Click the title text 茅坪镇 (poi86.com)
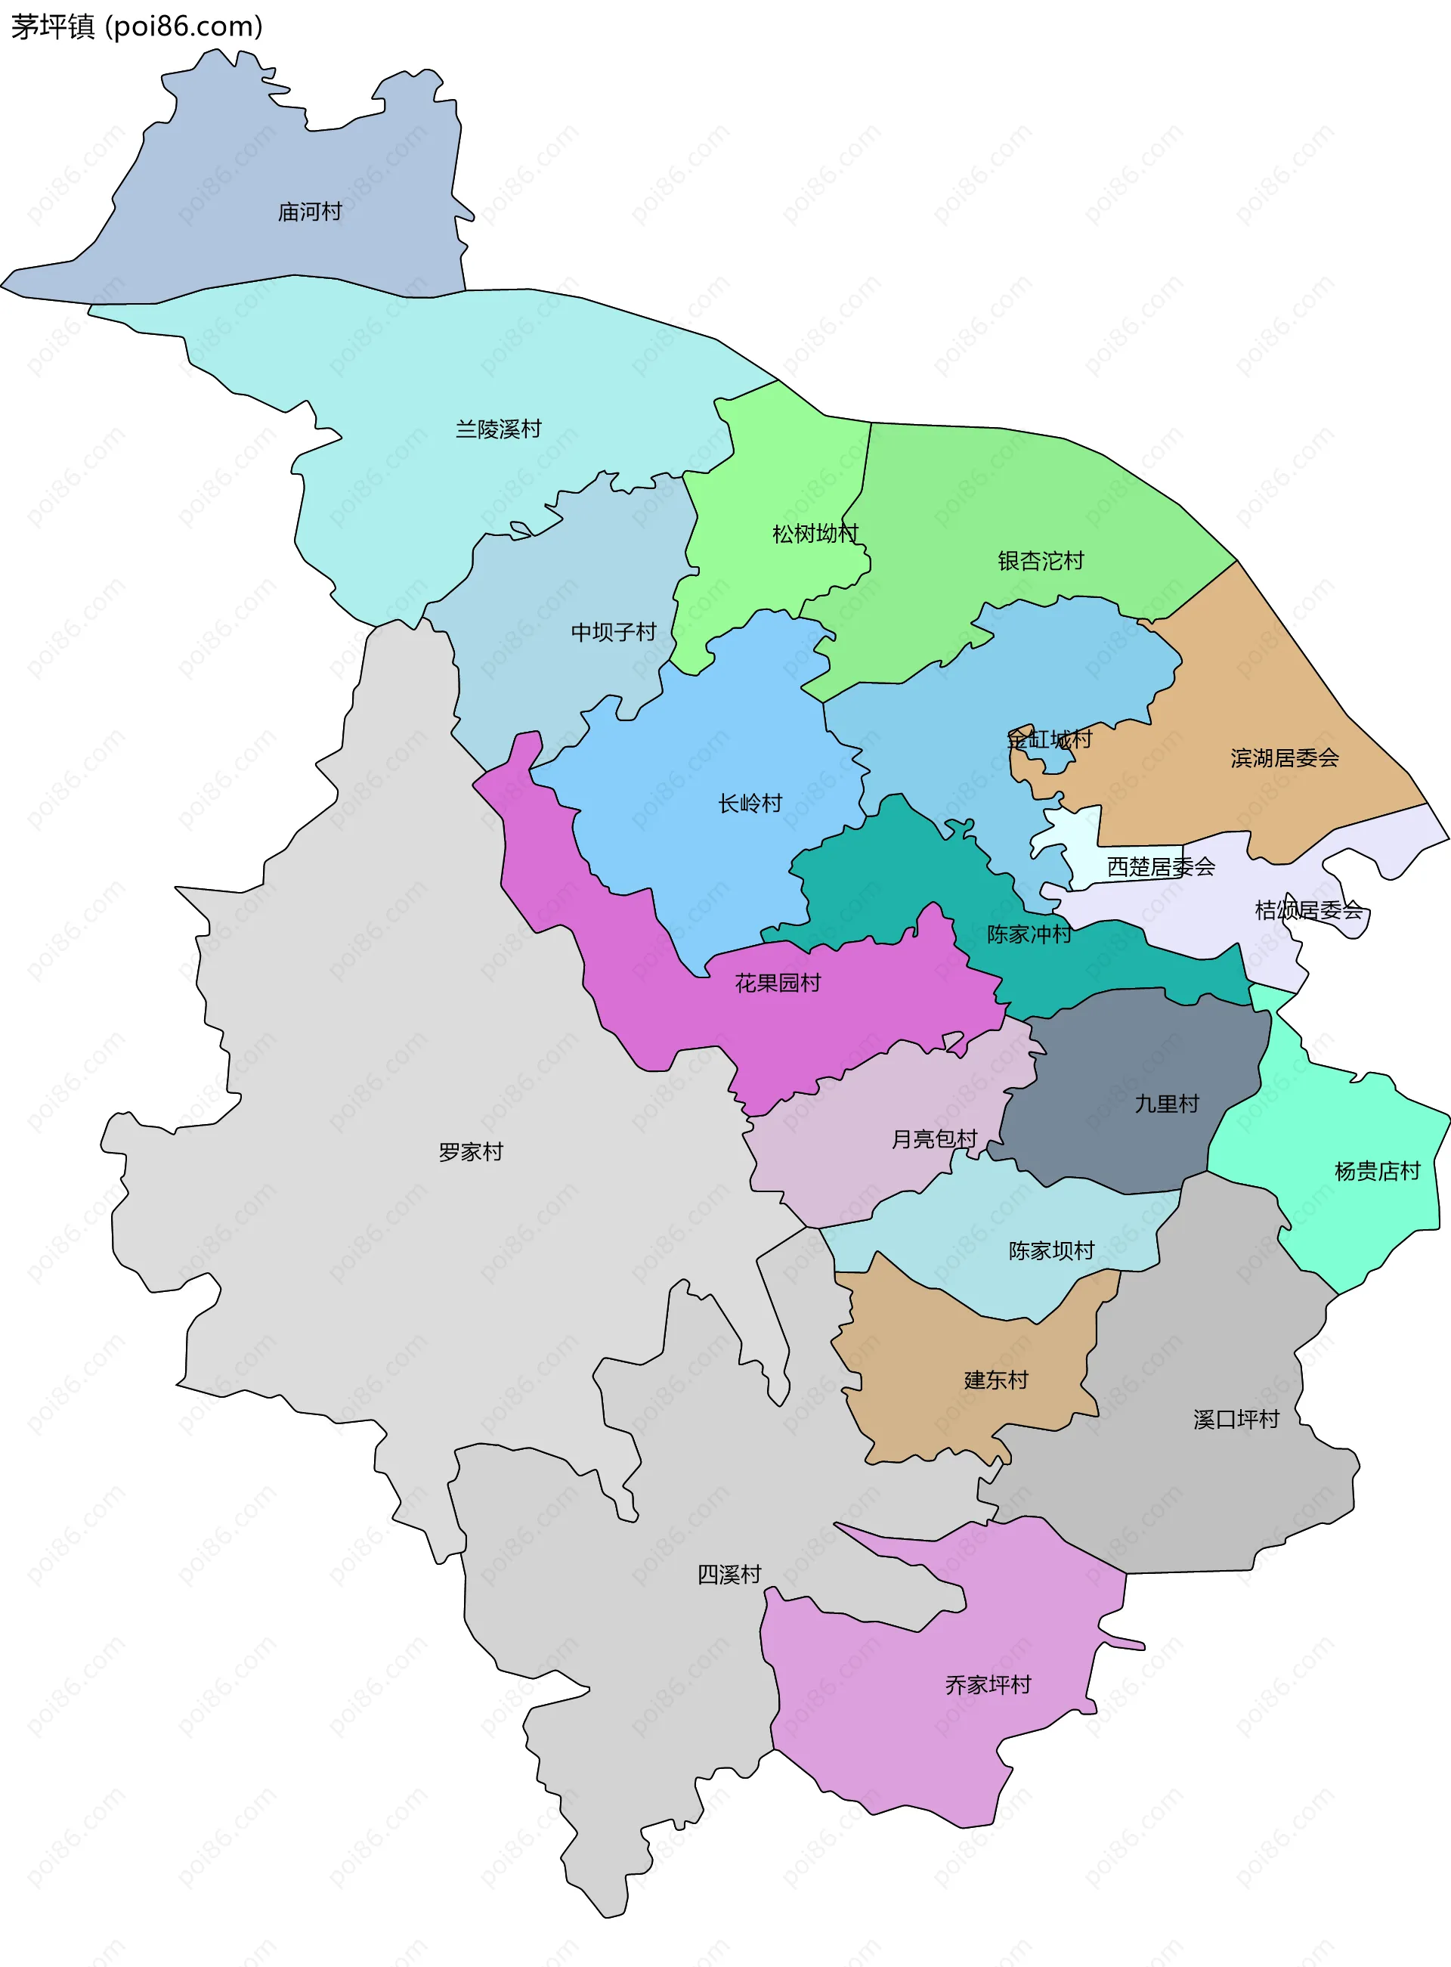[136, 26]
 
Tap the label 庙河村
[309, 212]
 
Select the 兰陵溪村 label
[498, 429]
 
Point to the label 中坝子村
[613, 632]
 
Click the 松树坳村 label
[814, 533]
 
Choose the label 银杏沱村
[1040, 560]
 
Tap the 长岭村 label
[749, 803]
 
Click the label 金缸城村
[1049, 739]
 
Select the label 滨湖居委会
[1284, 757]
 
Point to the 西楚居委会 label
[1160, 866]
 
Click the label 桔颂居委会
[1308, 910]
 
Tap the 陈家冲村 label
[1029, 934]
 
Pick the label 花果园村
[778, 982]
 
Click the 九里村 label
[1165, 1104]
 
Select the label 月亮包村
[933, 1138]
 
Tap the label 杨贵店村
[1376, 1170]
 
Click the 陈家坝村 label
[1050, 1250]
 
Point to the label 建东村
[995, 1380]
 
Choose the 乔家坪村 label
[987, 1684]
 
